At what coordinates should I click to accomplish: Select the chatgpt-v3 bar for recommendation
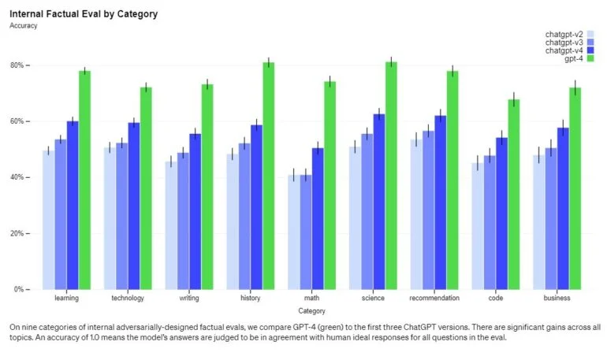click(428, 210)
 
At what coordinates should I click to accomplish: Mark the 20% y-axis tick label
click(19, 233)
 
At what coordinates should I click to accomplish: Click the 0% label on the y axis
click(20, 289)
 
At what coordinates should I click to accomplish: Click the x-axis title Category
click(312, 311)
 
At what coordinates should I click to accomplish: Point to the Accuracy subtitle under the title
click(24, 25)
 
